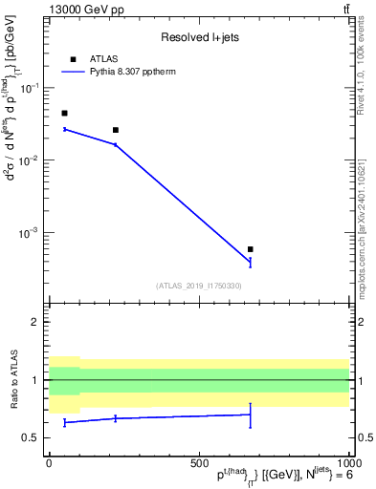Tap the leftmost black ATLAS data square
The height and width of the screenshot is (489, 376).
pos(64,113)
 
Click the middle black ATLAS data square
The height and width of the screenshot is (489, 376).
pos(116,130)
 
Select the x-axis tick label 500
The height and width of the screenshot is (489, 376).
pos(199,463)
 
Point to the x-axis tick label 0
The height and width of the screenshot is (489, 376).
pos(49,463)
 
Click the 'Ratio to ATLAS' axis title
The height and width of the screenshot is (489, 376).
pos(15,380)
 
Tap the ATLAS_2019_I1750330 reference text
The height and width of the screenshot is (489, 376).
pos(199,286)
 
